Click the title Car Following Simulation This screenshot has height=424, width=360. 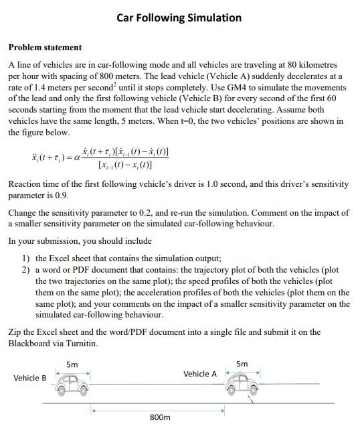click(179, 17)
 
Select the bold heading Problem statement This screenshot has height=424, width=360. click(45, 48)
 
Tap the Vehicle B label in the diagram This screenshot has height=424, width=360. click(30, 378)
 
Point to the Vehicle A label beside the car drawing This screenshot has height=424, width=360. click(199, 374)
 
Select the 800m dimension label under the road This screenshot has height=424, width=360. click(160, 417)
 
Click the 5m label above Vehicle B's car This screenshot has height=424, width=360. click(72, 364)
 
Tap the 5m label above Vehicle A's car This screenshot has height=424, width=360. click(242, 364)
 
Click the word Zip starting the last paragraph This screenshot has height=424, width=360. click(15, 332)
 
